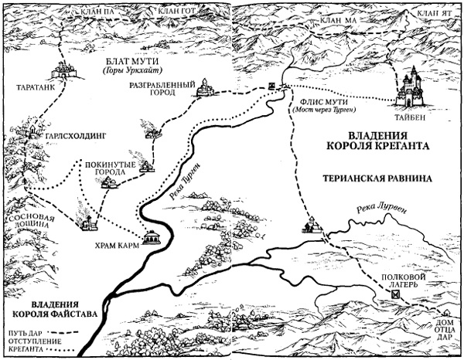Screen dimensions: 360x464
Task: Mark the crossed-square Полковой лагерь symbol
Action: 394,294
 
